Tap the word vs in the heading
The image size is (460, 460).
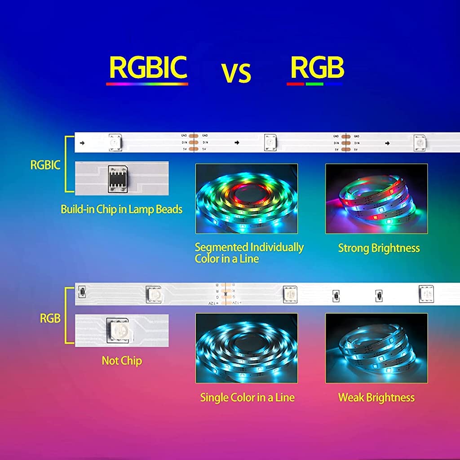[236, 72]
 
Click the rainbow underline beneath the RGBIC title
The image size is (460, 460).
[147, 84]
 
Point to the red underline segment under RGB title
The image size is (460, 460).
[295, 84]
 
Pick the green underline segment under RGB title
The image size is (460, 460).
[314, 84]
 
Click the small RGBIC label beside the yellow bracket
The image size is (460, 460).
[45, 165]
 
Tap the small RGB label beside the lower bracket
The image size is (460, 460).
[50, 318]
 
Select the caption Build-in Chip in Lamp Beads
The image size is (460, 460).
[121, 209]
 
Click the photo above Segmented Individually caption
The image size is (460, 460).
[246, 199]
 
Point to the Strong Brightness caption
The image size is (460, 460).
[379, 248]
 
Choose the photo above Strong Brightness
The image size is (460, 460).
[376, 199]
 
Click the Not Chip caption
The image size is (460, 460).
[122, 361]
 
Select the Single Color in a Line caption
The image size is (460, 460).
[247, 398]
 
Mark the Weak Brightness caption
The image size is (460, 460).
[376, 398]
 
